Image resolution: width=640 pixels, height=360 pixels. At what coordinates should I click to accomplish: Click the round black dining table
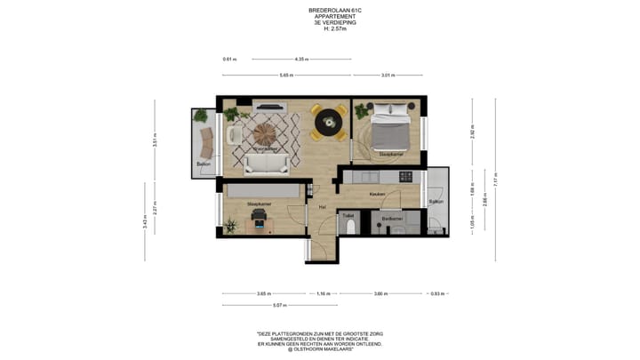click(330, 118)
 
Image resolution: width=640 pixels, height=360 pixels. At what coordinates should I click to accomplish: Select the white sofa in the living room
click(266, 163)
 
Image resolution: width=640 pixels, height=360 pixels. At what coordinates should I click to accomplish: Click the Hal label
click(324, 207)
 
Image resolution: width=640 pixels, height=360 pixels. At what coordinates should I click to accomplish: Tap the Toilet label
click(348, 214)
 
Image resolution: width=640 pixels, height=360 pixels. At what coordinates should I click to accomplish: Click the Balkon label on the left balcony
click(204, 164)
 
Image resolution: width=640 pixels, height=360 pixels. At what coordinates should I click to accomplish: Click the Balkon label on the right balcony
click(436, 202)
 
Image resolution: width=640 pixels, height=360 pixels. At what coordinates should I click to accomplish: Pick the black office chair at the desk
click(259, 219)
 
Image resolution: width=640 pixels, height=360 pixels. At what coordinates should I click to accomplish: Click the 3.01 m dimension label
click(388, 75)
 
